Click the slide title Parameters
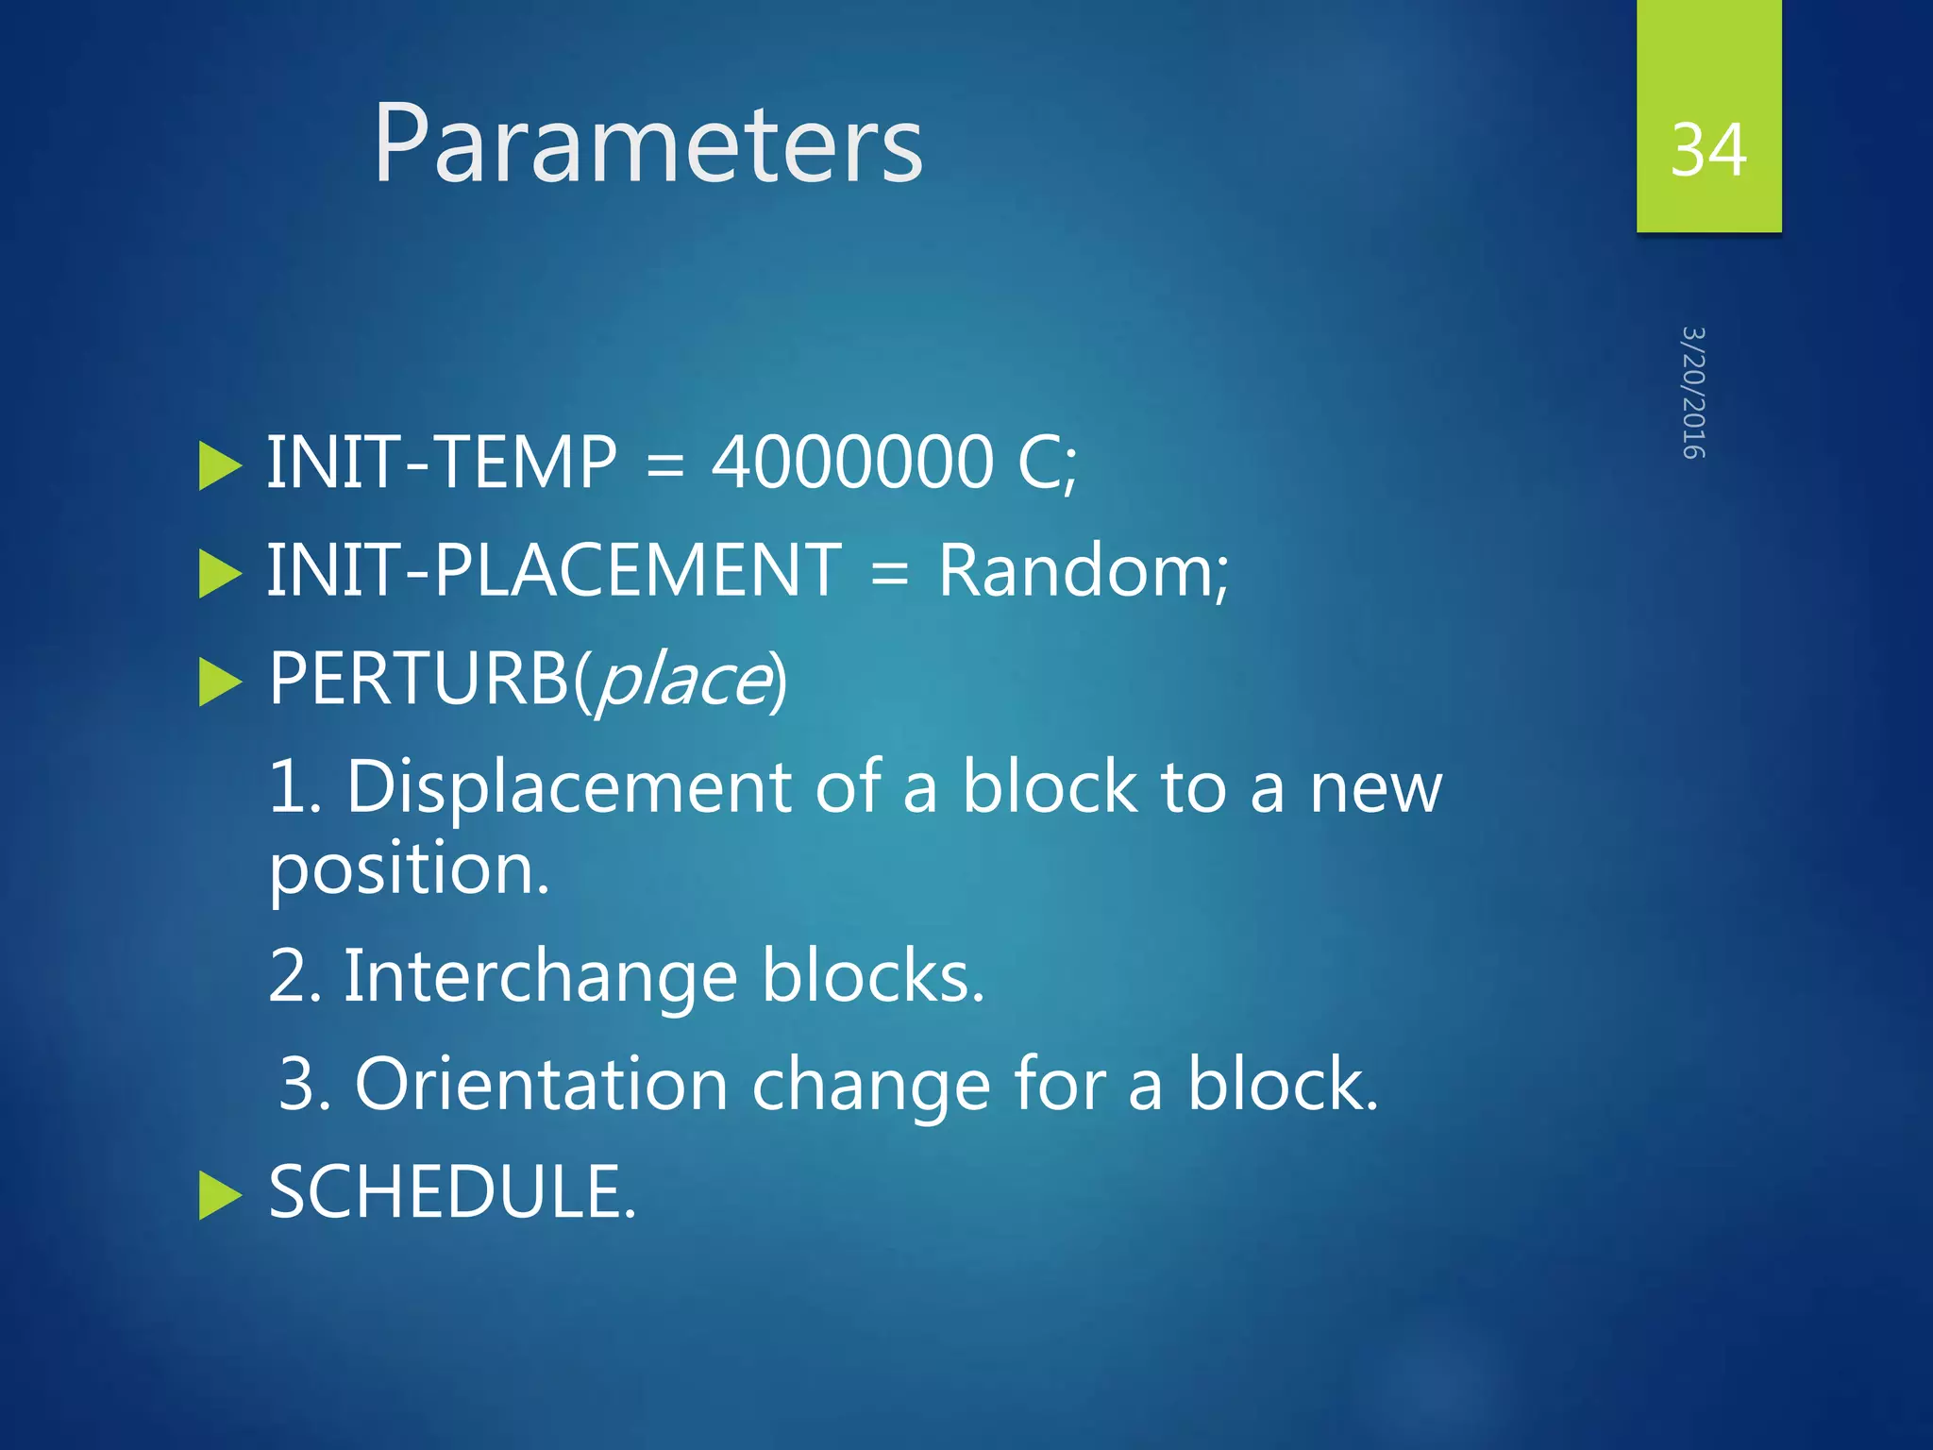pos(647,144)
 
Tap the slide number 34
pos(1708,150)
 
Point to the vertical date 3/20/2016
pos(1694,393)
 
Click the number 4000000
pos(852,463)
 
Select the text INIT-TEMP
pos(442,463)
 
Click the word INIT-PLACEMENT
pos(554,570)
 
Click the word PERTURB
pos(419,679)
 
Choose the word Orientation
pos(541,1085)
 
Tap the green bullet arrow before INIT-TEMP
pos(221,466)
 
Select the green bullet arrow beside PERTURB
pos(221,683)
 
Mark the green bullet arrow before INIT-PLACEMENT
pos(221,574)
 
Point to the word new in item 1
pos(1375,789)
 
